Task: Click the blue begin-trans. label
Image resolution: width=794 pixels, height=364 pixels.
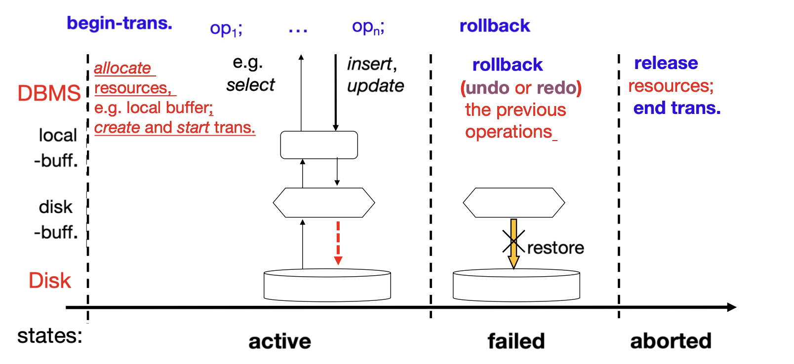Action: (119, 23)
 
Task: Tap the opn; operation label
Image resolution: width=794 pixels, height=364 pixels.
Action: (368, 27)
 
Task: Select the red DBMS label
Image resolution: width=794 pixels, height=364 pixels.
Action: (49, 93)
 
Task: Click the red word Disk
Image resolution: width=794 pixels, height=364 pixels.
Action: (50, 281)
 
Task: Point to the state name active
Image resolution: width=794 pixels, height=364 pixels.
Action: (279, 341)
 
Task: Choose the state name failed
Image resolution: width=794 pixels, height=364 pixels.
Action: (516, 341)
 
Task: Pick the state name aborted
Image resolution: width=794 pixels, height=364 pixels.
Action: (671, 341)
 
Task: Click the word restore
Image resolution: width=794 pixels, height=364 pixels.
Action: (556, 248)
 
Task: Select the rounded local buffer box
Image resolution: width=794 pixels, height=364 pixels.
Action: (319, 145)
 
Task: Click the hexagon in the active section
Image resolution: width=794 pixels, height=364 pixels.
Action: (324, 203)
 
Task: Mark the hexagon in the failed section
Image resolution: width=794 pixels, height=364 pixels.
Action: (514, 203)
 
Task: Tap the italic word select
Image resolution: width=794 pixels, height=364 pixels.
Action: (250, 85)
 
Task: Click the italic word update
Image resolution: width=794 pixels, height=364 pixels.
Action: (375, 86)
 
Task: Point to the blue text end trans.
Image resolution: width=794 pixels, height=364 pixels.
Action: (677, 108)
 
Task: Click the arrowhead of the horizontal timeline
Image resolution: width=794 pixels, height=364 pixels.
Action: (732, 307)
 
